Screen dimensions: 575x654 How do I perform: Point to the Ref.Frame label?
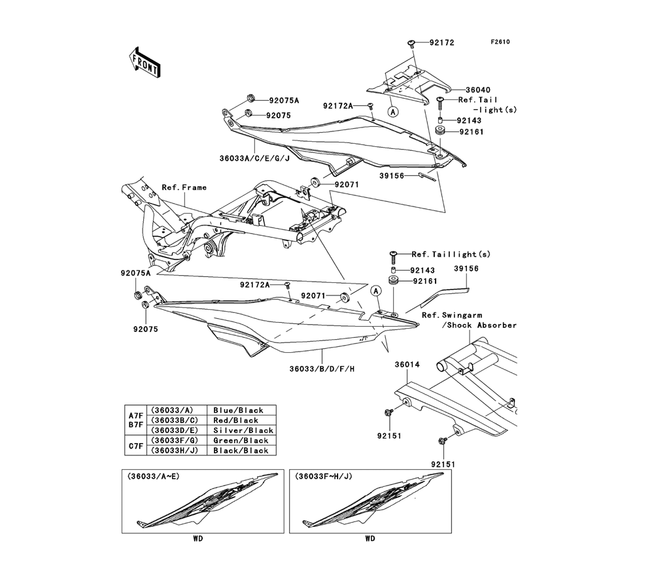[x=184, y=188]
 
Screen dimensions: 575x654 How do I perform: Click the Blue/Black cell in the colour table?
[x=239, y=410]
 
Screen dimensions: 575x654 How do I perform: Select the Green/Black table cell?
[x=241, y=440]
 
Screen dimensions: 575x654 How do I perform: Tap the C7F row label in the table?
[x=136, y=446]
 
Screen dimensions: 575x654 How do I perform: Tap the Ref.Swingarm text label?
[x=452, y=315]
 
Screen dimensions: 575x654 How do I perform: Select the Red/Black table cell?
[x=239, y=420]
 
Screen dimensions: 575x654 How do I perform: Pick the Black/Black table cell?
[x=241, y=450]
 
